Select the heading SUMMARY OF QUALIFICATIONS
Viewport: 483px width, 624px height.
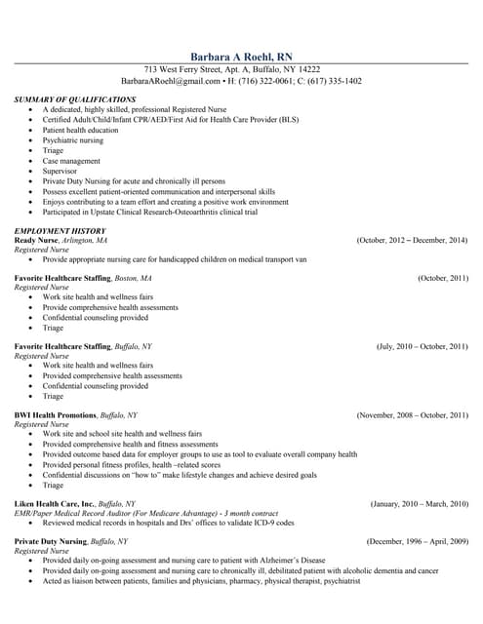pyautogui.click(x=75, y=99)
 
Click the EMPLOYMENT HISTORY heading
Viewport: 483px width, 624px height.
pyautogui.click(x=60, y=230)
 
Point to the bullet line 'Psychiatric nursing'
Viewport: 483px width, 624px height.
pyautogui.click(x=73, y=140)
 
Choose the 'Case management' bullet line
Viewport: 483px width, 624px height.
pyautogui.click(x=71, y=161)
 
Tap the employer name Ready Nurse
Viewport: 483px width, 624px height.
pyautogui.click(x=37, y=240)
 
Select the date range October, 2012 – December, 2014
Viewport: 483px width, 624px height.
pyautogui.click(x=412, y=240)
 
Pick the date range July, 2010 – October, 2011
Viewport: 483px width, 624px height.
pyautogui.click(x=423, y=346)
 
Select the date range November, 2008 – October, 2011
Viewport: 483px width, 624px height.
pyautogui.click(x=413, y=414)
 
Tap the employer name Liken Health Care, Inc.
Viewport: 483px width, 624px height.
pyautogui.click(x=55, y=503)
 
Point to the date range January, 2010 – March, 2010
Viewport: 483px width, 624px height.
pyautogui.click(x=420, y=503)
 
